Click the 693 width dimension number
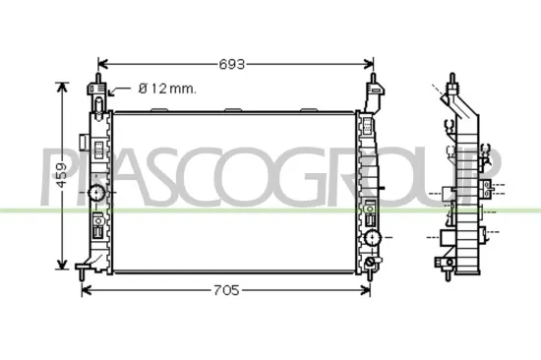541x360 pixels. click(232, 64)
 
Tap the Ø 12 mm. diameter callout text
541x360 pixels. click(167, 89)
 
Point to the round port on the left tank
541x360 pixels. click(96, 193)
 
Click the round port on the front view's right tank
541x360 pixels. click(371, 239)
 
